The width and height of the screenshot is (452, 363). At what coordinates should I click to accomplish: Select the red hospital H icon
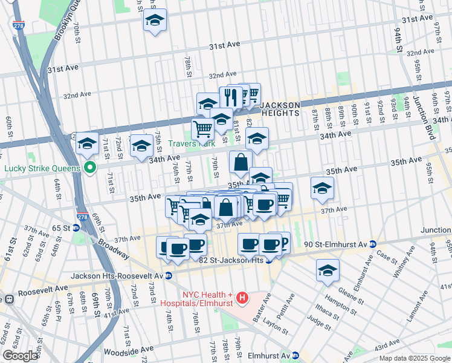(242, 297)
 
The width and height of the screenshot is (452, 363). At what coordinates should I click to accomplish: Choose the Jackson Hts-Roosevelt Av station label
(117, 275)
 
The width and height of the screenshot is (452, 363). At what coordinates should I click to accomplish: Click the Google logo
(20, 356)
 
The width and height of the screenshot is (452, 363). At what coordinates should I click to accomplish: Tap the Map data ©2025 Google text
(415, 358)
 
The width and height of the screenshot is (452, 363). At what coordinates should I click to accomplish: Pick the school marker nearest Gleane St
(328, 270)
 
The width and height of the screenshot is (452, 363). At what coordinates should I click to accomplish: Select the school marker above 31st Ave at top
(155, 21)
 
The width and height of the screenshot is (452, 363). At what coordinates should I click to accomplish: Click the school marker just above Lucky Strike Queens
(88, 144)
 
